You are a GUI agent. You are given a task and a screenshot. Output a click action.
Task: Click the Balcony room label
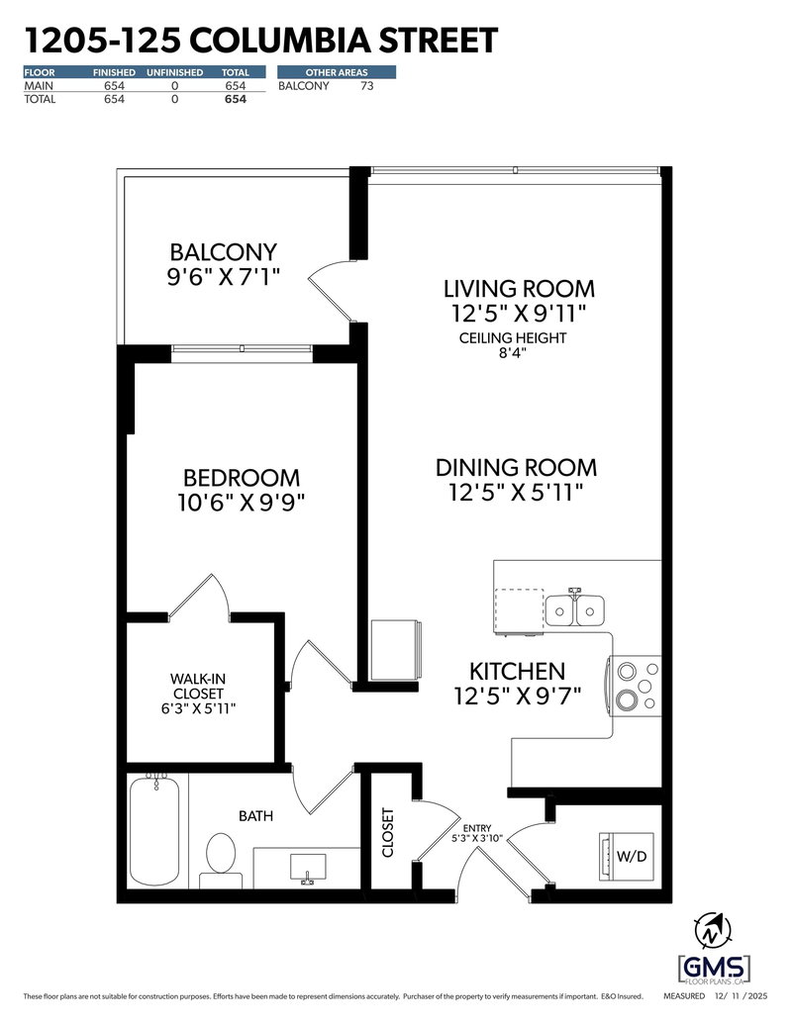pyautogui.click(x=223, y=252)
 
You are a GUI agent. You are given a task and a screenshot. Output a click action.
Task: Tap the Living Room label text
pyautogui.click(x=519, y=289)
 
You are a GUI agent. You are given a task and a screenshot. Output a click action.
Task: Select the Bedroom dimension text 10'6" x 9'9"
pyautogui.click(x=235, y=502)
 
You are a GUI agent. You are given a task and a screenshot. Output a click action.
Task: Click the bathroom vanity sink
pyautogui.click(x=306, y=869)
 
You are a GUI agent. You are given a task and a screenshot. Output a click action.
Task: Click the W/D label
pyautogui.click(x=633, y=855)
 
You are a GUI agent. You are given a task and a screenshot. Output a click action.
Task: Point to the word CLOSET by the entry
pyautogui.click(x=387, y=833)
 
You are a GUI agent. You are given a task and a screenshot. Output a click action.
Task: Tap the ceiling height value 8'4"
pyautogui.click(x=512, y=355)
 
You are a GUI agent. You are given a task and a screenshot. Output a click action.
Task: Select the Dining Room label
pyautogui.click(x=517, y=467)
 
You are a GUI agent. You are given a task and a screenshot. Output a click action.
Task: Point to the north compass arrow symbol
pyautogui.click(x=714, y=929)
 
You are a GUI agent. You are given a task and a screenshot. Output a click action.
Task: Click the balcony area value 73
pyautogui.click(x=366, y=86)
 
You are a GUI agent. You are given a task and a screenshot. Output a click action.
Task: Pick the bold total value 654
pyautogui.click(x=235, y=99)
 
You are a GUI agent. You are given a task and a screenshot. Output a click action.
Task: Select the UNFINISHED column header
pyautogui.click(x=174, y=72)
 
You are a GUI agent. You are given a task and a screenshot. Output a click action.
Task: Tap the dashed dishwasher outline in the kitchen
pyautogui.click(x=519, y=608)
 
